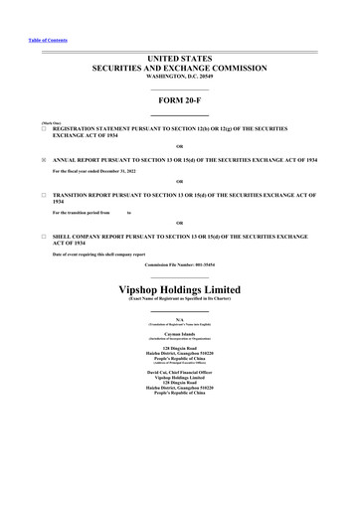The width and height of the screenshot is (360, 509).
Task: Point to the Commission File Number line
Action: point(179,265)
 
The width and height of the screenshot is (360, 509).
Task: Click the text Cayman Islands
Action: point(179,334)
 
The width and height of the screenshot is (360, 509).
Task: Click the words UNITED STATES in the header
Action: point(179,61)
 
